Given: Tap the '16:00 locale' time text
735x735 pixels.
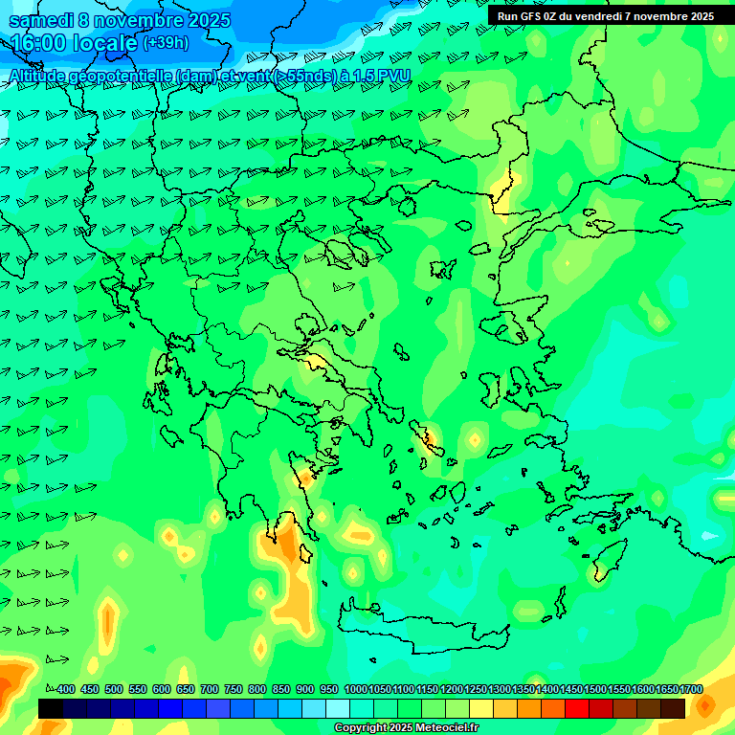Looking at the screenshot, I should tap(73, 43).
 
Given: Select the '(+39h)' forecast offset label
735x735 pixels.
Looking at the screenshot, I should tap(166, 43).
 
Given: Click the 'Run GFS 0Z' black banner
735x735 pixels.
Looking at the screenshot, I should tap(606, 16).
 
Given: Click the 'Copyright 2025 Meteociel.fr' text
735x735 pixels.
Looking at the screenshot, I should tap(407, 728).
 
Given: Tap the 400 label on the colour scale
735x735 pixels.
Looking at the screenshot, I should tap(65, 689).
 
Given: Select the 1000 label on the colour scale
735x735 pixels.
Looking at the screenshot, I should tap(355, 689).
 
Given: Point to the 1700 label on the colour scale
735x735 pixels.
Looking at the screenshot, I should tap(691, 689).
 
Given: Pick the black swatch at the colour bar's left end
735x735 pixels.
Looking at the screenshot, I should tap(51, 708).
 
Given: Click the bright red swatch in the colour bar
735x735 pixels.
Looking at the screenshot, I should tap(577, 708).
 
